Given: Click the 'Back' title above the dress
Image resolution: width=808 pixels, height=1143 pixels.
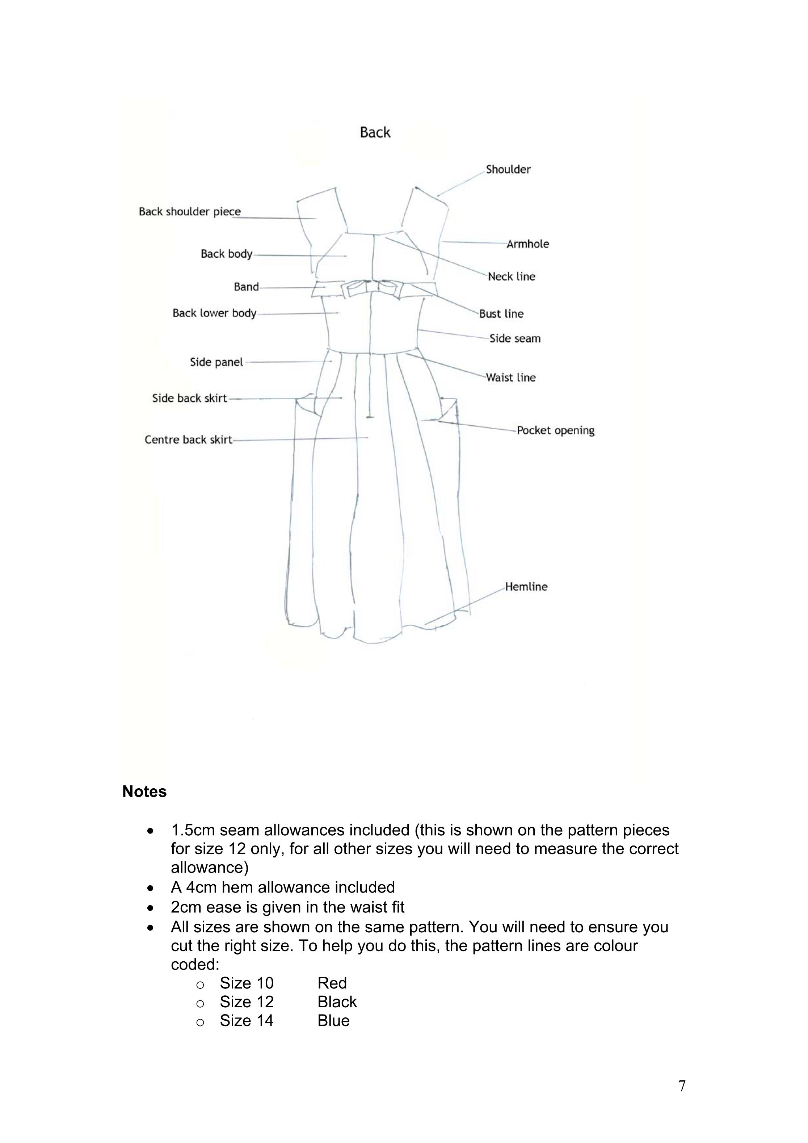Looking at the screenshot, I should click(x=375, y=132).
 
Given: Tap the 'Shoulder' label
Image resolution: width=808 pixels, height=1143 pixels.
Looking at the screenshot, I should click(x=508, y=169).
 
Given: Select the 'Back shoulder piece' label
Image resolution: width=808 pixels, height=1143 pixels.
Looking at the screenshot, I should click(x=190, y=212).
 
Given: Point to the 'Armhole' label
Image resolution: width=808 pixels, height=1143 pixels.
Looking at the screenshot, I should click(x=528, y=244).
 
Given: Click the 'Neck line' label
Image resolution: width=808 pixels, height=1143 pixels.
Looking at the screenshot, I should click(x=511, y=277).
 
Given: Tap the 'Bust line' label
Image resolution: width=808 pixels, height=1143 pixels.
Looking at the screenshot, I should click(x=501, y=314).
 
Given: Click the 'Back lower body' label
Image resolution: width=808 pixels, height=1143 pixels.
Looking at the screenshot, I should click(x=215, y=313).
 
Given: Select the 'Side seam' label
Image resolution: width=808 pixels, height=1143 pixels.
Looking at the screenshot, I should click(x=515, y=338).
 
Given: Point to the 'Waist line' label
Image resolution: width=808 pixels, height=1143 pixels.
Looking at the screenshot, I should click(x=511, y=378).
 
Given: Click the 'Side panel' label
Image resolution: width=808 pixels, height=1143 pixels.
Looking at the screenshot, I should click(x=216, y=362).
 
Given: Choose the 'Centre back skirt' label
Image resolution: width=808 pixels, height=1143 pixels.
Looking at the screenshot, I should click(x=188, y=440).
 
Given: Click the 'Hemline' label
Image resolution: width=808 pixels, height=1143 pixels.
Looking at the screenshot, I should click(x=526, y=586).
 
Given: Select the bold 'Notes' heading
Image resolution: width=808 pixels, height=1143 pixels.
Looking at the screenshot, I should click(x=144, y=792).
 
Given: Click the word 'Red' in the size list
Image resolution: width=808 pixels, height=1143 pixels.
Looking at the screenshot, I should click(x=332, y=983).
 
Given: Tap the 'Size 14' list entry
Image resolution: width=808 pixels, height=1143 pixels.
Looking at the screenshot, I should click(x=247, y=1021).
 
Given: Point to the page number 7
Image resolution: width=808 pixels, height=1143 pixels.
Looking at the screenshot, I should click(x=682, y=1086).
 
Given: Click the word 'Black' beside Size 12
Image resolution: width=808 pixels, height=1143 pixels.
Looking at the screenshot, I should click(x=337, y=1001).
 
